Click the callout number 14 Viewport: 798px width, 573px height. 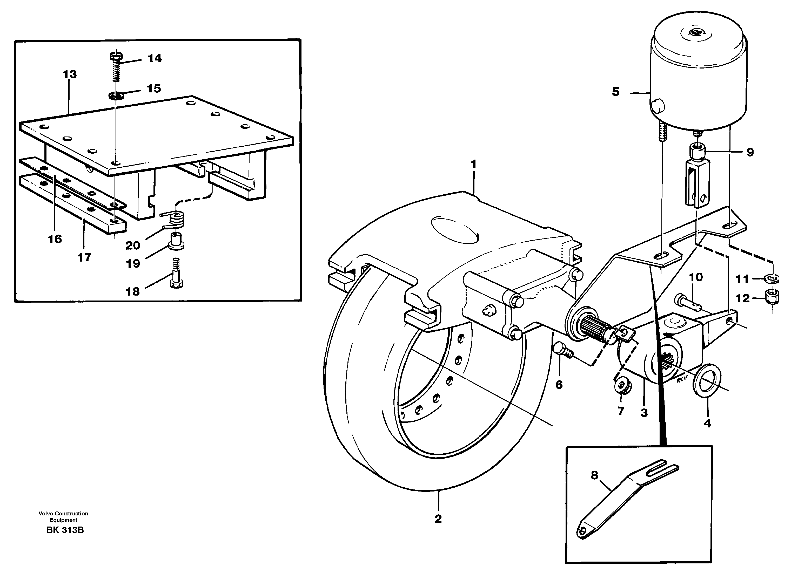pos(155,58)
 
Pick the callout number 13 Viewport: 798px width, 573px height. pos(70,74)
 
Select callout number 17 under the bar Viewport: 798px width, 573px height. pos(84,258)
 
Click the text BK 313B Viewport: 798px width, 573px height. pos(65,530)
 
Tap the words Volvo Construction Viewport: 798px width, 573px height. pos(63,514)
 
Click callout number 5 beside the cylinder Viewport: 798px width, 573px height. pos(615,92)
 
